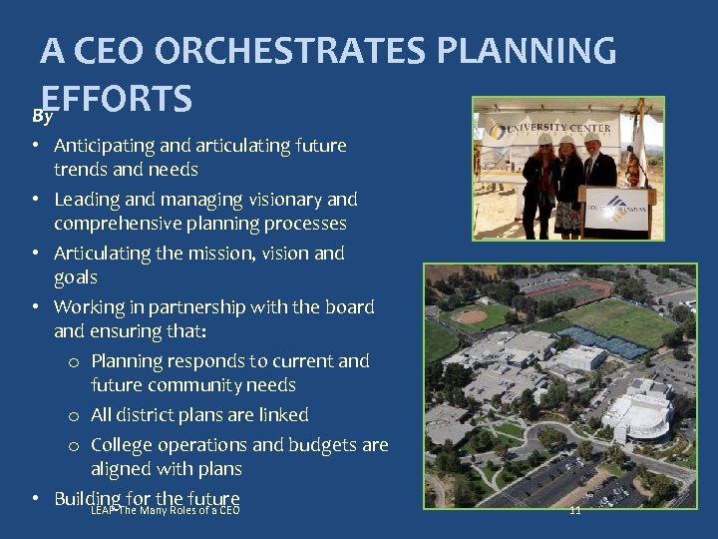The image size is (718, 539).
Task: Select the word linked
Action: click(282, 414)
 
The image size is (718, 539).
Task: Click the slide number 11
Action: click(574, 510)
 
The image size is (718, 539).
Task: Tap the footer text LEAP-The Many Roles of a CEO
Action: click(165, 510)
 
